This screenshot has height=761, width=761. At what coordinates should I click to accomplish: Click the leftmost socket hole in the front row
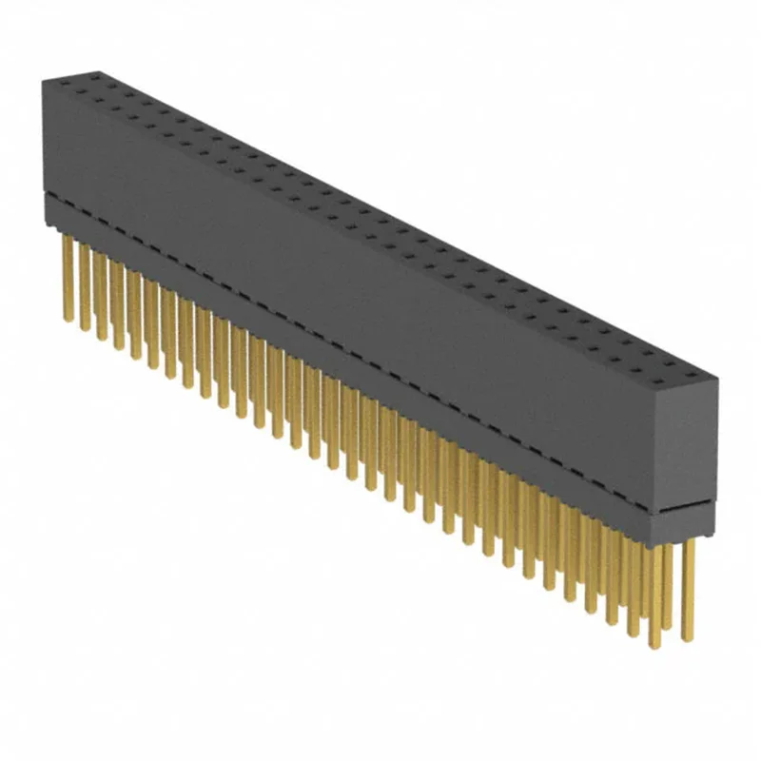[x=62, y=90]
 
